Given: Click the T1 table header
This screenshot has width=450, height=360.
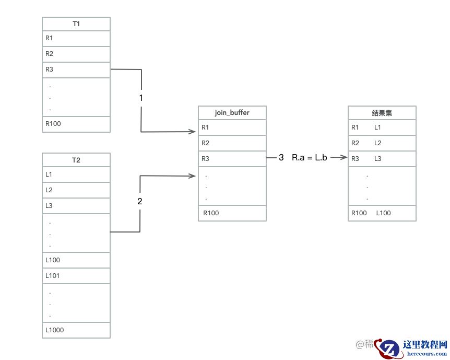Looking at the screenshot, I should point(76,24).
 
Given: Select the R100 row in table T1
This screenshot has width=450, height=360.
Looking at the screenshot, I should point(76,124).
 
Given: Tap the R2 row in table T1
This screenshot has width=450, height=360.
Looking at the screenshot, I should point(76,54).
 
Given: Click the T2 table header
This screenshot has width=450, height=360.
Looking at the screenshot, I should point(76,160).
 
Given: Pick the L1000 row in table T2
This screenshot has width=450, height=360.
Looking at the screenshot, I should point(76,330).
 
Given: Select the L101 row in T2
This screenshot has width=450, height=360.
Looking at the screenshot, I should point(76,275).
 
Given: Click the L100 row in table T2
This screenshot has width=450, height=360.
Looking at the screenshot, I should point(76,260).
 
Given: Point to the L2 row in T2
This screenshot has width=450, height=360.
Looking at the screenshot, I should point(76,190).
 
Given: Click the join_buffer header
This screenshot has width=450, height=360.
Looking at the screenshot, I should point(232,113).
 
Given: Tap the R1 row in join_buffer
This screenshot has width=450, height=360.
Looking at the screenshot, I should point(232,127).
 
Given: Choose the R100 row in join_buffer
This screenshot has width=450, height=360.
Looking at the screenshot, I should point(232,213).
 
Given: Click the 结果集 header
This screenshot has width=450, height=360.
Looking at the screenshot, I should point(382,113).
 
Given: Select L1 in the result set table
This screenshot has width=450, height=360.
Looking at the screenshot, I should point(378,127).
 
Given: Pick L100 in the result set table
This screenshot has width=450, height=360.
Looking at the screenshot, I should point(384,213).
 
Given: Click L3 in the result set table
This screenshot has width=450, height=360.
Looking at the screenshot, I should point(378,159).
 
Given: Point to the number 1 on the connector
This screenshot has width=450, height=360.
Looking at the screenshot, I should point(141,98).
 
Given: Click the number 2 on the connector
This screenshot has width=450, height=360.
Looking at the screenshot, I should point(139,201).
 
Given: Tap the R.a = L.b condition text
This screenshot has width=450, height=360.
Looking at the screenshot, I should point(310,157).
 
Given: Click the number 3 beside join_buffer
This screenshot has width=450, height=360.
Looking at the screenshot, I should point(281,157).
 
